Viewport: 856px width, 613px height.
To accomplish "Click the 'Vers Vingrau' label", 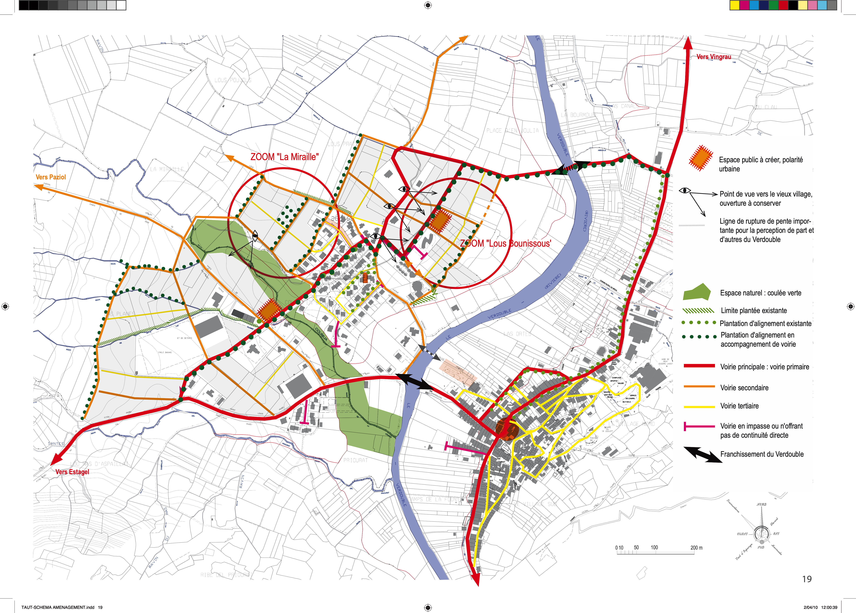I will [714, 57].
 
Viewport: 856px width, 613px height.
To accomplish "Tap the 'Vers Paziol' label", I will [50, 177].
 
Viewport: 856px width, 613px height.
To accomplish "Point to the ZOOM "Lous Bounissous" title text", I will [505, 244].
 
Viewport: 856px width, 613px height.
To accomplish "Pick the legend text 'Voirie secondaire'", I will [744, 387].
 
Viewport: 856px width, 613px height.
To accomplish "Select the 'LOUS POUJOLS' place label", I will [232, 80].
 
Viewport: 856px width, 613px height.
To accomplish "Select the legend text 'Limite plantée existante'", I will [754, 311].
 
